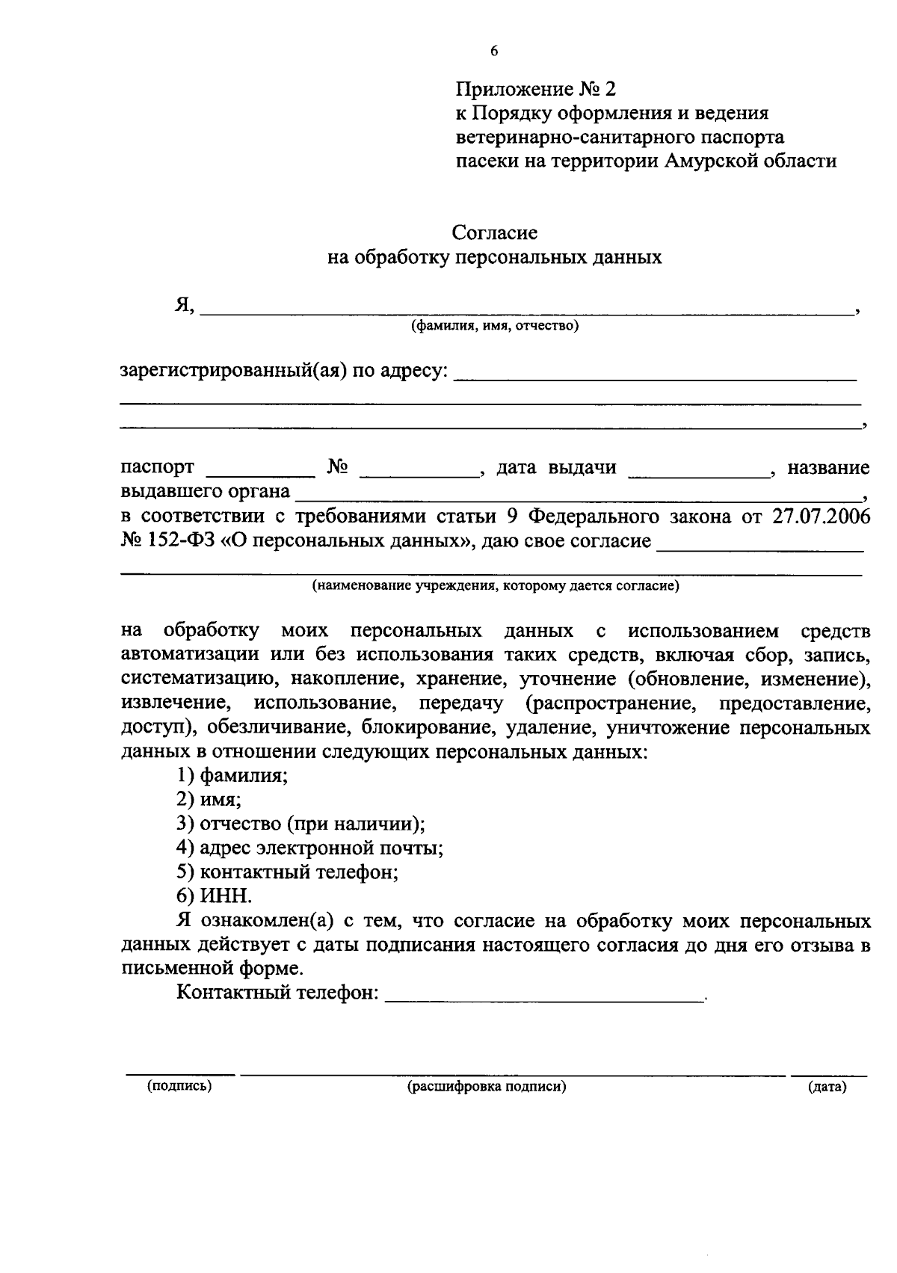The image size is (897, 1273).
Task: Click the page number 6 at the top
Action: click(x=493, y=52)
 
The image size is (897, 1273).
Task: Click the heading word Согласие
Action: click(x=494, y=232)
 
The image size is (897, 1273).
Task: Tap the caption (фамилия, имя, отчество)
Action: click(x=494, y=326)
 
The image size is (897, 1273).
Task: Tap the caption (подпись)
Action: click(x=179, y=1086)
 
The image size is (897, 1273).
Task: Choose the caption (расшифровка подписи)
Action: click(x=487, y=1087)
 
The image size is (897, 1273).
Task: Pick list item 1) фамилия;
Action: click(x=232, y=775)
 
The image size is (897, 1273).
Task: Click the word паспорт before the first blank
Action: click(x=158, y=468)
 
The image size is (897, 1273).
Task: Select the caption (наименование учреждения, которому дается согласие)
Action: click(x=495, y=586)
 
